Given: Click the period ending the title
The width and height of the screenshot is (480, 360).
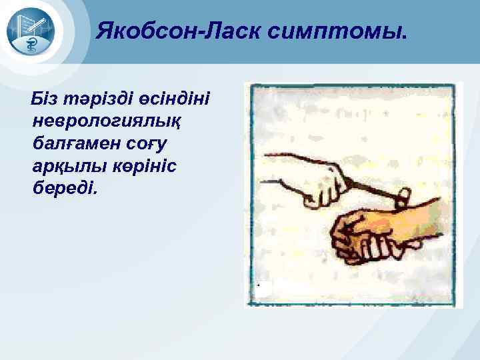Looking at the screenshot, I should (402, 36).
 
